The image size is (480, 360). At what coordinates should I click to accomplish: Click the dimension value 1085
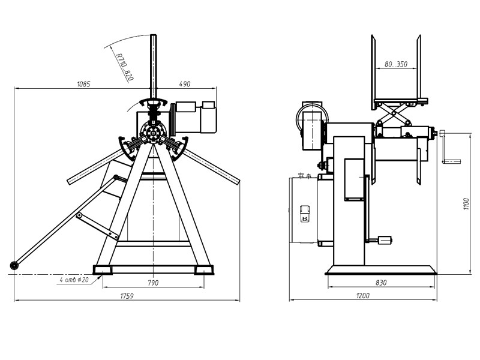(83, 84)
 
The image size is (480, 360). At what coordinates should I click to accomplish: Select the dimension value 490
(185, 84)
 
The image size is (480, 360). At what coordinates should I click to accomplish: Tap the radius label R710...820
(125, 67)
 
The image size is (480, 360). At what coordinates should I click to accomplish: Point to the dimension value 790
(153, 283)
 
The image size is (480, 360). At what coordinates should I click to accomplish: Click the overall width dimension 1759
(127, 296)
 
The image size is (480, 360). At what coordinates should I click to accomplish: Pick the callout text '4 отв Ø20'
(74, 280)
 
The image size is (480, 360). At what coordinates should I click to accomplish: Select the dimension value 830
(381, 283)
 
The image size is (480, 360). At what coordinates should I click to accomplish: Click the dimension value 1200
(363, 296)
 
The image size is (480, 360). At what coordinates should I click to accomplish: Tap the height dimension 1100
(466, 204)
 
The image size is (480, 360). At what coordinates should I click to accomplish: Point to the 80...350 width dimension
(396, 64)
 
